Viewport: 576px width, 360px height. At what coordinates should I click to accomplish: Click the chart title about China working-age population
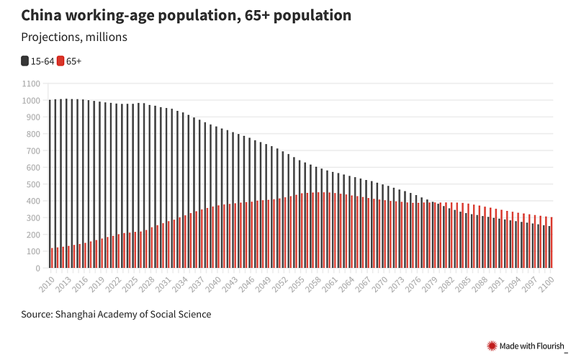click(186, 15)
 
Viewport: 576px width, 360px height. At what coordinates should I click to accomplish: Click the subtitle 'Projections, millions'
click(74, 37)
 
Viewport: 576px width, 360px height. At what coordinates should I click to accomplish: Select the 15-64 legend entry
click(37, 62)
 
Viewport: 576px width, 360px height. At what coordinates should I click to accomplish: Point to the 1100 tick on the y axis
click(31, 84)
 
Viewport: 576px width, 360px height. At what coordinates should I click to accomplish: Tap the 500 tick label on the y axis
click(33, 184)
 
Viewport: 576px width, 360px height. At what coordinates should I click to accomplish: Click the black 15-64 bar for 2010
click(50, 184)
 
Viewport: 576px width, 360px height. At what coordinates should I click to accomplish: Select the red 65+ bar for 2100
click(552, 243)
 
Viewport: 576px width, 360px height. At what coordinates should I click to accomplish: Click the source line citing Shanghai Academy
click(116, 315)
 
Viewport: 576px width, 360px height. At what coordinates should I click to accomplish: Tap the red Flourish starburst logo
click(492, 346)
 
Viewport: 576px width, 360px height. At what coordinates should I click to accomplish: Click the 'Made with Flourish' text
click(533, 346)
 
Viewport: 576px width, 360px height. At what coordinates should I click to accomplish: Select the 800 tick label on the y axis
click(33, 134)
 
